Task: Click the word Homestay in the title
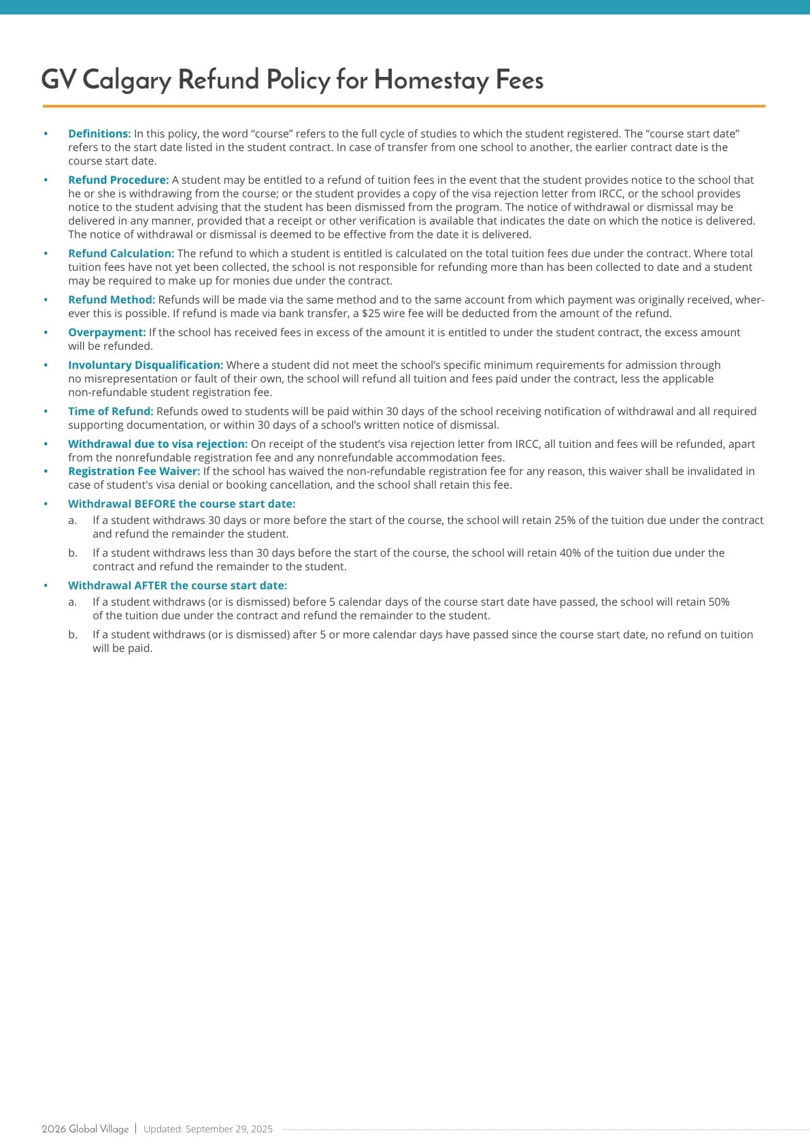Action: click(431, 80)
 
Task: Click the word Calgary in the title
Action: click(126, 80)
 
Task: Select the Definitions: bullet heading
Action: click(99, 134)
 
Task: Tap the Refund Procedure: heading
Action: click(118, 180)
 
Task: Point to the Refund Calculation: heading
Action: click(121, 254)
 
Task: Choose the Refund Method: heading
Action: click(112, 300)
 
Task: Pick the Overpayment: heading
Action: click(107, 333)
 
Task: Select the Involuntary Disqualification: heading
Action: click(146, 365)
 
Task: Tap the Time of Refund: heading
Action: click(111, 412)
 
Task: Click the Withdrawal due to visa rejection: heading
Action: click(158, 444)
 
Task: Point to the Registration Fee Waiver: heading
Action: click(134, 472)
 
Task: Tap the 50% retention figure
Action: click(718, 602)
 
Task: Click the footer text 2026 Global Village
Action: click(85, 1129)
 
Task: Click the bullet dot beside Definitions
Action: click(46, 134)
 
